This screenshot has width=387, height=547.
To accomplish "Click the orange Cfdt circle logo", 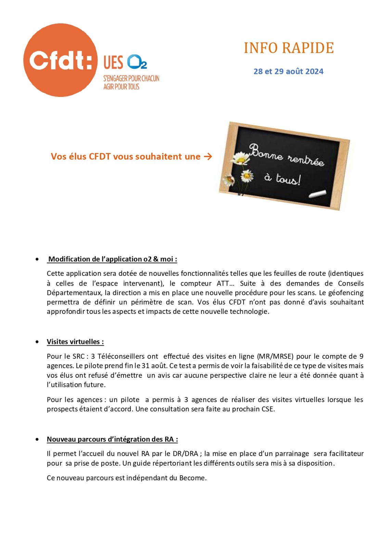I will [60, 60].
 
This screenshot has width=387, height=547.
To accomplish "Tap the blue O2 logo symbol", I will [137, 62].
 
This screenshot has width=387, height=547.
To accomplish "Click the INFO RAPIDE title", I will [288, 48].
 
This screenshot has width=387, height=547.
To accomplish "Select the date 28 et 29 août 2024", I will [288, 71].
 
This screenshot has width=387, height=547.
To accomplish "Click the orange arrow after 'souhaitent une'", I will [208, 157].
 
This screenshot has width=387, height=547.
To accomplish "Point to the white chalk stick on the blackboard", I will [317, 194].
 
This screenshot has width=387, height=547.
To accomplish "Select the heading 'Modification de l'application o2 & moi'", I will [112, 259].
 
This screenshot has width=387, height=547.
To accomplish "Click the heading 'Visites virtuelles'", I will [75, 342].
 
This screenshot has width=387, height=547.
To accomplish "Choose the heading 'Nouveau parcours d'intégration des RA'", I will [112, 439].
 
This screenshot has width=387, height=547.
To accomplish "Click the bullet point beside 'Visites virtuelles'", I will [37, 342].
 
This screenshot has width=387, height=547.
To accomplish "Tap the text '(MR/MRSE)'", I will [275, 356].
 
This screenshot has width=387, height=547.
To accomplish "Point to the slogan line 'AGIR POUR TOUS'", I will [121, 87].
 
